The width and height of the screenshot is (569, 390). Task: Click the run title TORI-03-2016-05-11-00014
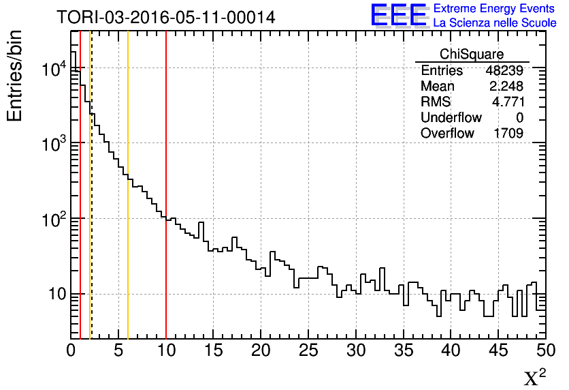166,18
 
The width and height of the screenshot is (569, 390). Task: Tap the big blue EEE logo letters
399,16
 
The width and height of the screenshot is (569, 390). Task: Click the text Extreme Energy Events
494,9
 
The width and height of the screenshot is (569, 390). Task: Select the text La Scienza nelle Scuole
494,23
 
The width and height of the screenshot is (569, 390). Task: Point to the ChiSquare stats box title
472,55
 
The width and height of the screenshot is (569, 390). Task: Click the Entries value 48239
504,71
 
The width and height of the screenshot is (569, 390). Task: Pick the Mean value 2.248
506,87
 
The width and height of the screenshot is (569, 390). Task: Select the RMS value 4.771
508,102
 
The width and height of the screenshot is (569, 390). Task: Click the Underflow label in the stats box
451,117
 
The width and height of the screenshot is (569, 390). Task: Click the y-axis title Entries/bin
15,76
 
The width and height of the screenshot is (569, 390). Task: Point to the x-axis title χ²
535,378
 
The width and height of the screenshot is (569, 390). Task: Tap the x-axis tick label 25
308,350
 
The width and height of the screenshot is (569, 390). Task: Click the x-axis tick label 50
544,350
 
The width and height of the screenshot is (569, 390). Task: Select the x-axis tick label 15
214,350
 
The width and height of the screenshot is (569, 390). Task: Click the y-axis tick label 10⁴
53,69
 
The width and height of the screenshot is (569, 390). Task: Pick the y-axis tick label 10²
53,220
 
